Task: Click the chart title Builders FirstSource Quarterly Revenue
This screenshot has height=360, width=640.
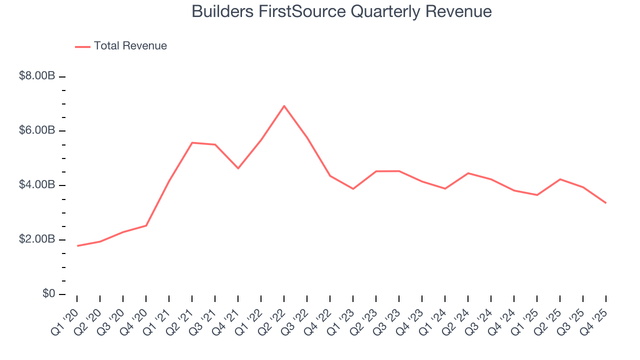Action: click(x=341, y=11)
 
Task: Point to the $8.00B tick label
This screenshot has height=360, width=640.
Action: click(x=37, y=76)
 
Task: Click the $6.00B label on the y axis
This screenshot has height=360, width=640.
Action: click(x=37, y=130)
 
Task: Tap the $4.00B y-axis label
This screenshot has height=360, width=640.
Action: click(x=37, y=185)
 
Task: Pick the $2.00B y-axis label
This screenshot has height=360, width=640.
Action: click(x=37, y=239)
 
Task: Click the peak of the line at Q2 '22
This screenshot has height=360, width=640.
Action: click(x=284, y=106)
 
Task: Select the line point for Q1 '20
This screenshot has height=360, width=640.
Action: click(x=77, y=245)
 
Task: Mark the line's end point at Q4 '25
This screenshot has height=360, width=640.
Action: click(x=606, y=203)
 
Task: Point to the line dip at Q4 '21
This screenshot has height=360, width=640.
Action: click(x=238, y=168)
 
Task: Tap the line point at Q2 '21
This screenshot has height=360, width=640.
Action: click(x=192, y=143)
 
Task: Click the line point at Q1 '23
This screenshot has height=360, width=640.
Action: click(x=353, y=188)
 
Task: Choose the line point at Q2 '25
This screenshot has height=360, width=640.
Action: click(x=560, y=179)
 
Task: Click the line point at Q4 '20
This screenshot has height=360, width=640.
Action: click(x=146, y=225)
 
